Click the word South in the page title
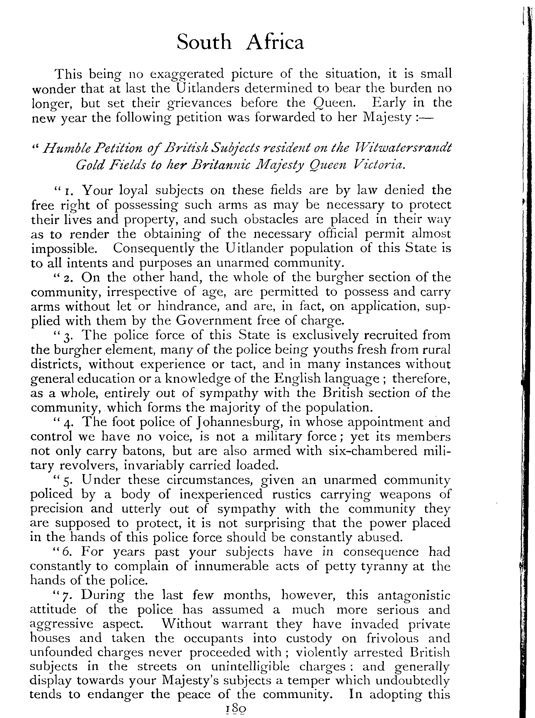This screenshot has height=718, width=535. click(x=204, y=43)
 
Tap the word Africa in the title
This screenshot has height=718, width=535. click(x=275, y=43)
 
